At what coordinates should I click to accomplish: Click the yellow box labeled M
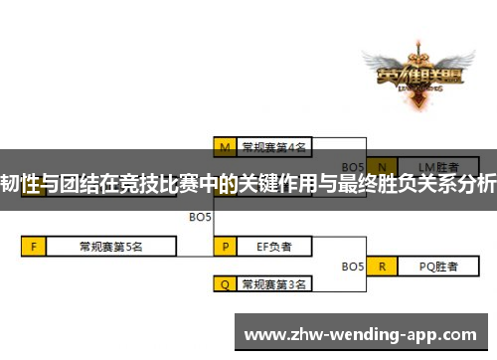click(x=225, y=147)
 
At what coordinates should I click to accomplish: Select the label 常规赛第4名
click(x=274, y=147)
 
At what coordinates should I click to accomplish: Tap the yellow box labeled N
click(x=378, y=165)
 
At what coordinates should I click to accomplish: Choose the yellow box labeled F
click(x=33, y=245)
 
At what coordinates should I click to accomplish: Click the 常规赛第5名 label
click(x=110, y=245)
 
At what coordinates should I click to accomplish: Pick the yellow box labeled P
click(x=225, y=245)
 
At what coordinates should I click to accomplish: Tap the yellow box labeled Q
click(x=225, y=284)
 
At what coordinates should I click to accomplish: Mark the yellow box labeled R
click(x=382, y=266)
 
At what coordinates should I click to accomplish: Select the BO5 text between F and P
click(x=200, y=215)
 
